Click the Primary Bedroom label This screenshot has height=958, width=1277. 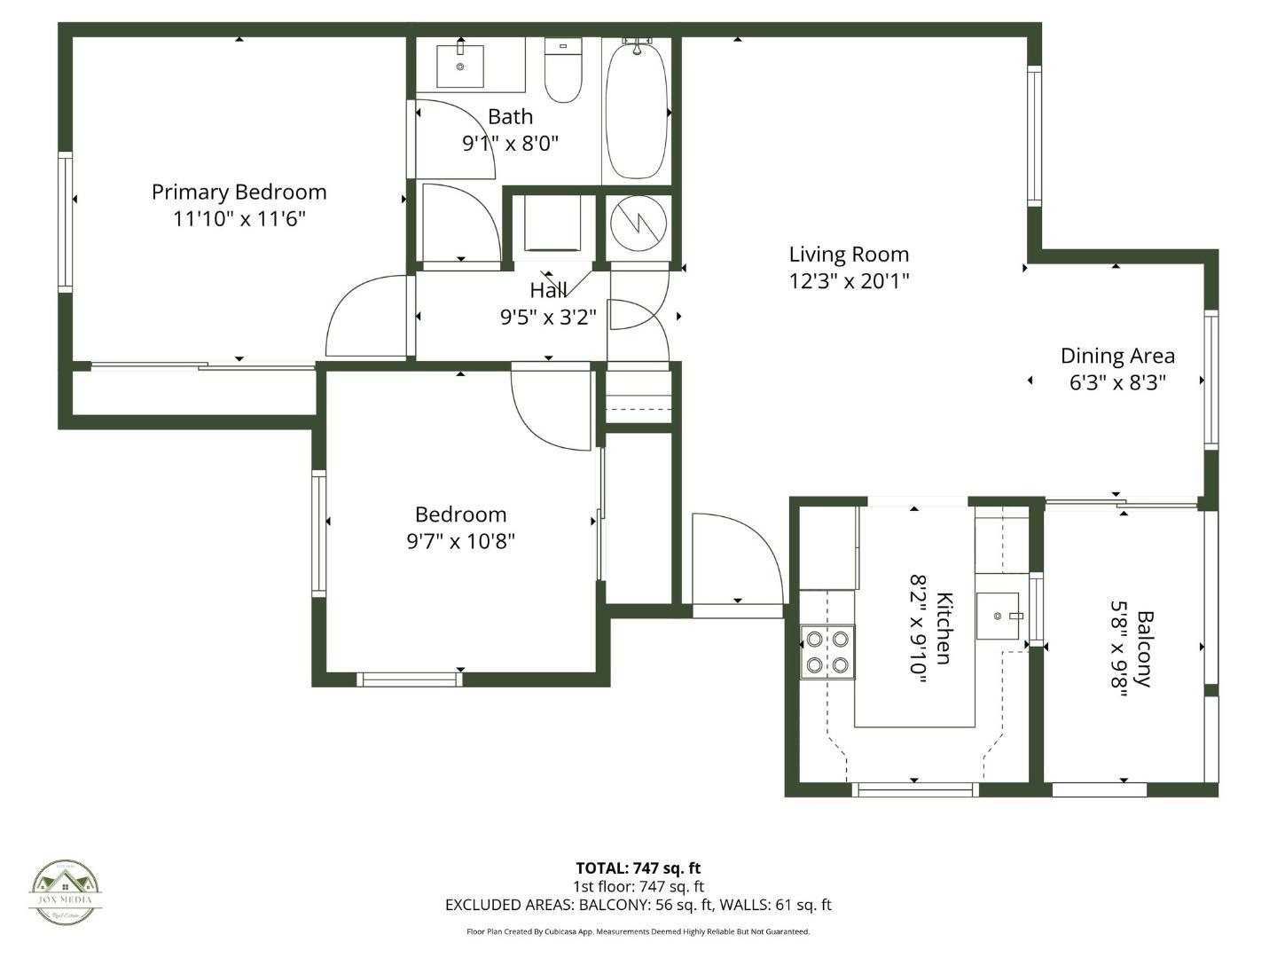pos(239,192)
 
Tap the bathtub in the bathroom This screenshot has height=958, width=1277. pos(636,111)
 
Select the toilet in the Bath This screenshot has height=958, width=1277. pos(562,73)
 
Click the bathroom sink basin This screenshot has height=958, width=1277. pos(460,66)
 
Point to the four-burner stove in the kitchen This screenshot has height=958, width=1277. pos(827,652)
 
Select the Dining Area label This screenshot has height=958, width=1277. pos(1117,356)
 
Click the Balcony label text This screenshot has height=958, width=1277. pos(1145,648)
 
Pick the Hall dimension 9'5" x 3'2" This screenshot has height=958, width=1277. pos(548,317)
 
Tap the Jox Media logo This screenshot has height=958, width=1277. pos(66,891)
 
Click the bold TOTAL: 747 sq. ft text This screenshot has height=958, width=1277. pos(638,868)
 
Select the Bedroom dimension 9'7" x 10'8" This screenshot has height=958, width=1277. pos(460,541)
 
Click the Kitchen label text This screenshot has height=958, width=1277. pos(944,628)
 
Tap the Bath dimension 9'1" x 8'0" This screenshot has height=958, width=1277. pos(510,143)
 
